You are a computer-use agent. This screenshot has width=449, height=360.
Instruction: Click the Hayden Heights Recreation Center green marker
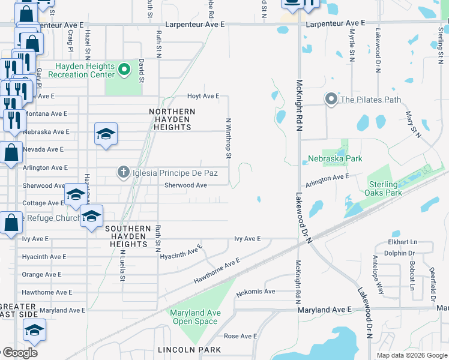pyautogui.click(x=124, y=70)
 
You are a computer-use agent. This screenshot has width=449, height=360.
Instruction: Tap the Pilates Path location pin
pyautogui.click(x=331, y=100)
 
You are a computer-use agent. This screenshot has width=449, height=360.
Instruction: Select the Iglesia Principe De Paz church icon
pyautogui.click(x=123, y=173)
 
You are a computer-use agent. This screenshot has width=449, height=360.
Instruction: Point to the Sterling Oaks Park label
pyautogui.click(x=383, y=188)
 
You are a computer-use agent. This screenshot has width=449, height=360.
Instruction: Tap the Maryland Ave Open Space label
pyautogui.click(x=195, y=317)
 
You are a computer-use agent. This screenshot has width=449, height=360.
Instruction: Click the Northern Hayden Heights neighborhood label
pyautogui.click(x=172, y=119)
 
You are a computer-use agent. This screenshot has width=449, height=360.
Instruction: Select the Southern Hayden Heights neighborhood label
pyautogui.click(x=128, y=233)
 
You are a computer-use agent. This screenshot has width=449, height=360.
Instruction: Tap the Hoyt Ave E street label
pyautogui.click(x=203, y=96)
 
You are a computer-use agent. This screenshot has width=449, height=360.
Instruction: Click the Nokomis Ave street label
pyautogui.click(x=255, y=292)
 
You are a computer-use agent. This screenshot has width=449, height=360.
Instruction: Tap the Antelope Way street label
pyautogui.click(x=379, y=268)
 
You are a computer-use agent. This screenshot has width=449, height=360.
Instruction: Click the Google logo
pyautogui.click(x=19, y=353)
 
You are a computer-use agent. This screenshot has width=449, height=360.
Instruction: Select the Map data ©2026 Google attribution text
pyautogui.click(x=411, y=355)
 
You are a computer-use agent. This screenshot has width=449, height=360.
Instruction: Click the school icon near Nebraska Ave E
pyautogui.click(x=106, y=136)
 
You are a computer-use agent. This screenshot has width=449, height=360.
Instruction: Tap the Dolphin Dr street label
pyautogui.click(x=403, y=253)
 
